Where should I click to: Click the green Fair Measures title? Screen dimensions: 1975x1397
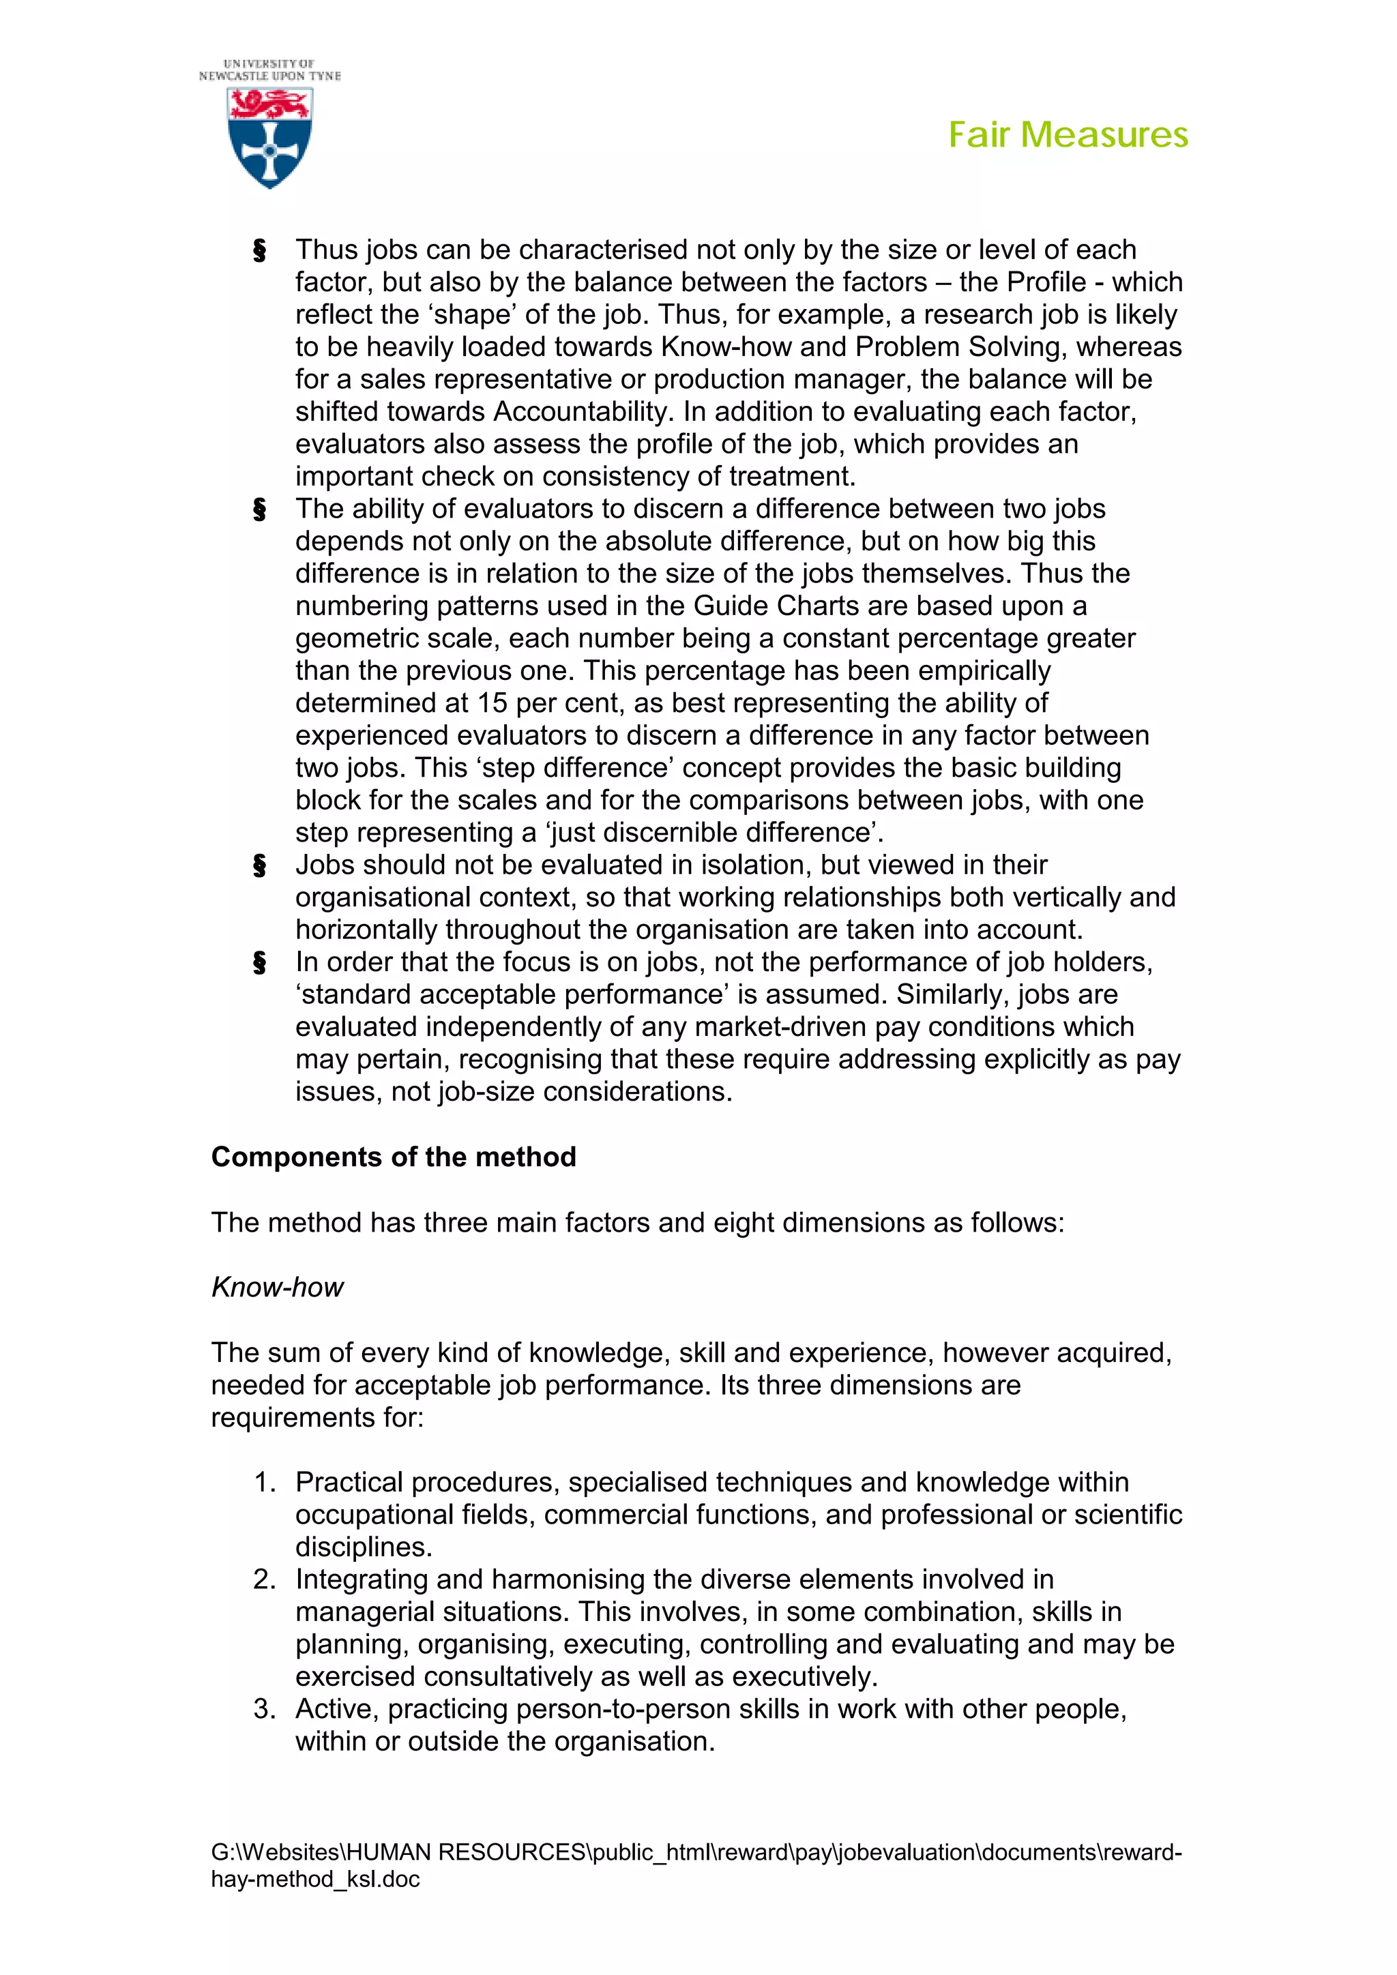(x=1068, y=135)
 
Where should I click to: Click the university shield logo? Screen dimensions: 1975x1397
(x=270, y=138)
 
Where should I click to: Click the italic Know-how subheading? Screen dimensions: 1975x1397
(x=277, y=1287)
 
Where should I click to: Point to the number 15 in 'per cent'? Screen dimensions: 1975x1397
(x=493, y=703)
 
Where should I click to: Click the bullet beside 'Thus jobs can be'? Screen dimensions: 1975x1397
(x=260, y=251)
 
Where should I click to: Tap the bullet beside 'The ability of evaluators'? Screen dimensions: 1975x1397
(x=260, y=510)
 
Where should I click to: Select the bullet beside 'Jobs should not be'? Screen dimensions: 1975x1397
(x=260, y=866)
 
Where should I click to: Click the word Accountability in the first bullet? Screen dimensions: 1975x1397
(x=580, y=412)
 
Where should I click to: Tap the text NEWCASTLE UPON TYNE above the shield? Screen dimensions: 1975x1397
(x=270, y=76)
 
